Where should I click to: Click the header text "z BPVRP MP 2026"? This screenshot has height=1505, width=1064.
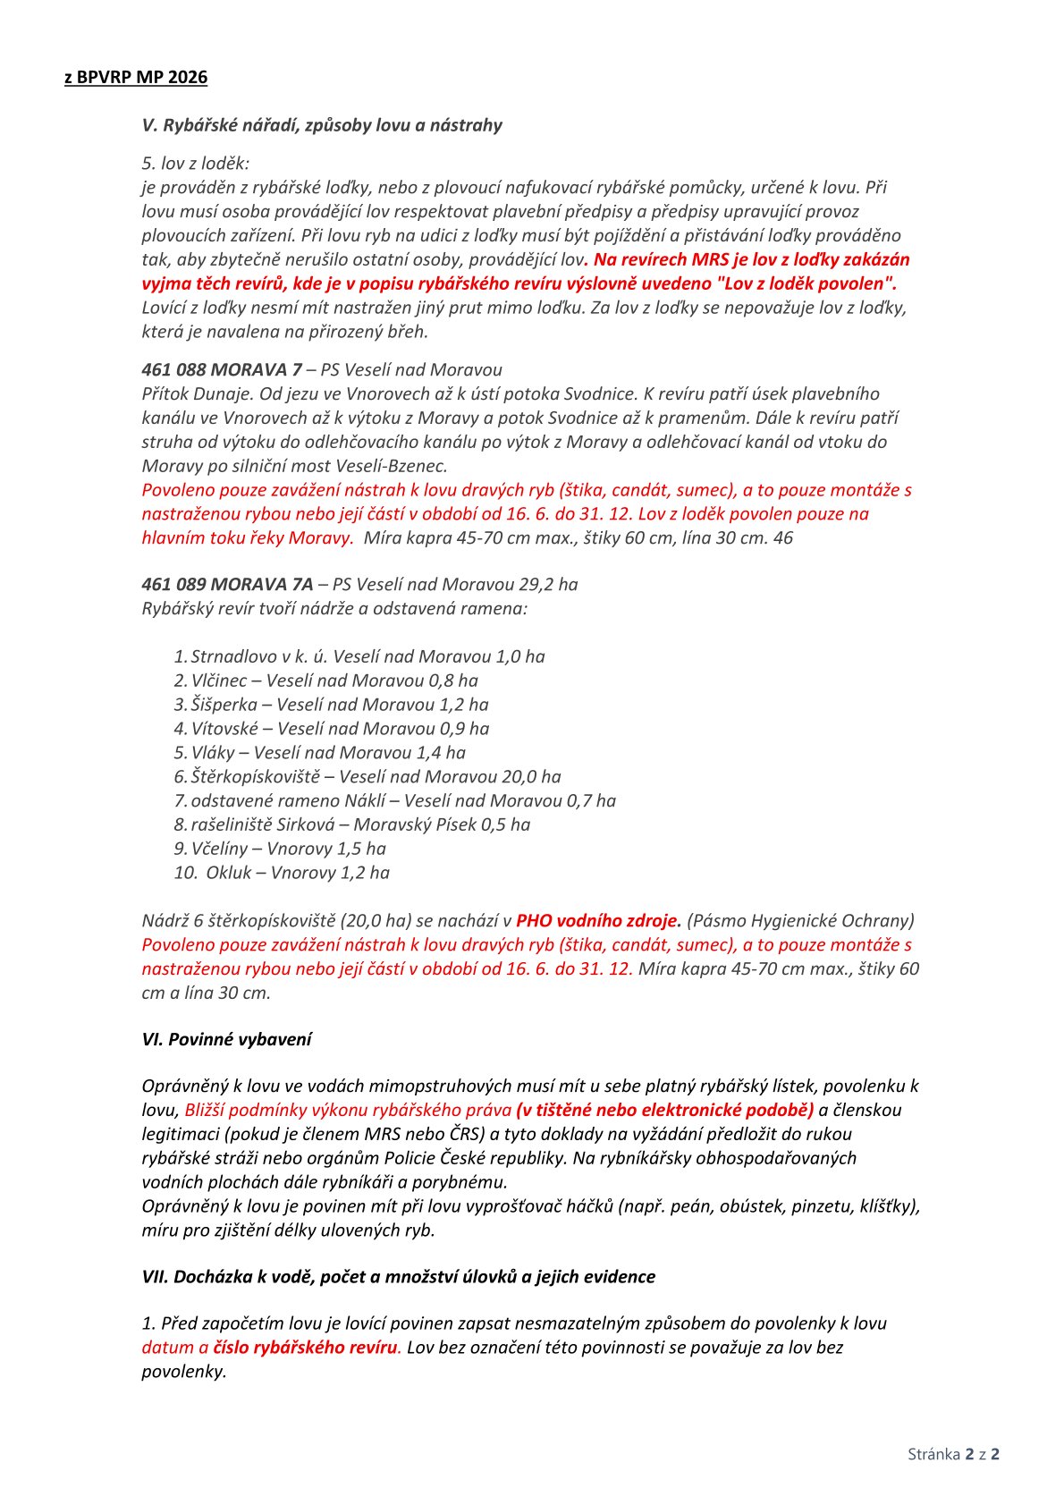coord(136,78)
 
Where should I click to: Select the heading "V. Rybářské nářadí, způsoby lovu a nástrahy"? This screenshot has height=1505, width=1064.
coord(322,125)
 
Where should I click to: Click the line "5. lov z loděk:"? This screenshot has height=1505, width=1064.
coord(196,164)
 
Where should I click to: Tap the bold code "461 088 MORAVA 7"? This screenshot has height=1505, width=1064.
coord(222,370)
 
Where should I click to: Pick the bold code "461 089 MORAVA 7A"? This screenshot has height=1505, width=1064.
coord(227,585)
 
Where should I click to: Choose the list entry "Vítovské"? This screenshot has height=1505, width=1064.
coord(224,729)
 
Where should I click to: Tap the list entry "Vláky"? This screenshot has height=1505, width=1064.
coord(212,753)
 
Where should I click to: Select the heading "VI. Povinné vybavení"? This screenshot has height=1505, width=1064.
coord(227,1040)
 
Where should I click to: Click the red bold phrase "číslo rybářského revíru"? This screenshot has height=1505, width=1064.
coord(305,1348)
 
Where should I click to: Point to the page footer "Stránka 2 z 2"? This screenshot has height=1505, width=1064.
coord(953,1454)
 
